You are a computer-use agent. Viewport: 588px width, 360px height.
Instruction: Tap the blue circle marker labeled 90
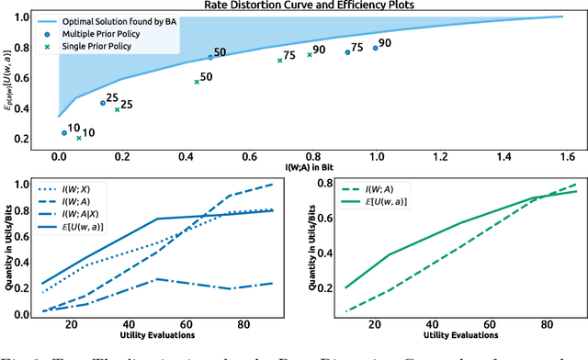[375, 48]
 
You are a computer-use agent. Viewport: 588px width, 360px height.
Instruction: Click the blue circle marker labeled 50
[210, 57]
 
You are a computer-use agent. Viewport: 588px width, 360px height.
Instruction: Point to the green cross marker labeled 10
[79, 138]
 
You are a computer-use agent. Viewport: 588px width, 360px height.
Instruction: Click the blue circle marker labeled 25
[103, 103]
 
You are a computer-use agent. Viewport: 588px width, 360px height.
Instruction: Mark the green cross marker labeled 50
[197, 82]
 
